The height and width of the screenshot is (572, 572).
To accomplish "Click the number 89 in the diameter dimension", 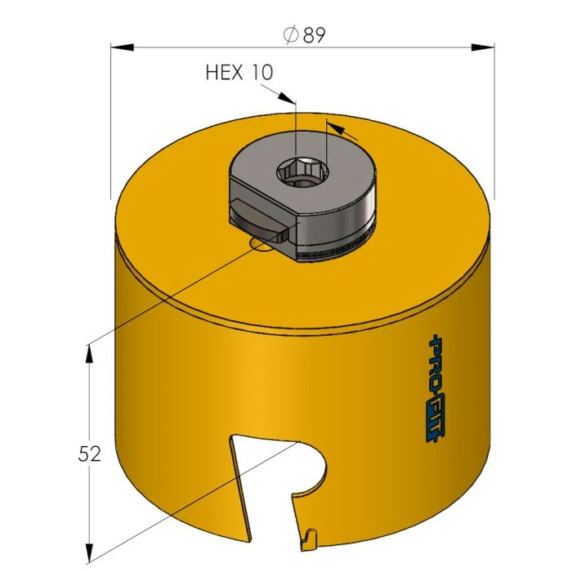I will click(315, 35).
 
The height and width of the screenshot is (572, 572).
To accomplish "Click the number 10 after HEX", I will click(262, 73).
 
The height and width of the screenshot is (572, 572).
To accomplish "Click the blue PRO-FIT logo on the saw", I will click(434, 389).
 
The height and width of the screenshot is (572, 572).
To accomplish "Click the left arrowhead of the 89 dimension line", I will click(119, 47).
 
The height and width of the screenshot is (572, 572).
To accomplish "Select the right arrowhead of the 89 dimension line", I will click(485, 47).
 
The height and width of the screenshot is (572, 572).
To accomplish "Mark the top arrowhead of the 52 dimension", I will click(88, 351).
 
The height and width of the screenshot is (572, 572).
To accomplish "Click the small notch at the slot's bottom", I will click(308, 536).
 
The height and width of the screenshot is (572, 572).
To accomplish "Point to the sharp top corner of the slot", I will click(232, 437).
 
